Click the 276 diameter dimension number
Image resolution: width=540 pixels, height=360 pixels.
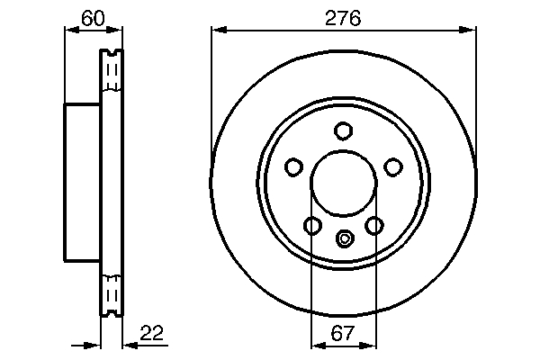coord(342,17)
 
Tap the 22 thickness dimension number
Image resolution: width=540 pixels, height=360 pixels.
coord(152,334)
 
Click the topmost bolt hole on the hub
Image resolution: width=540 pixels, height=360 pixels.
coord(343,130)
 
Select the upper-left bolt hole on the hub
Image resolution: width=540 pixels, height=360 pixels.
coord(293,166)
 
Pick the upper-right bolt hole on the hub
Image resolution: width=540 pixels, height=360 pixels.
coord(392,166)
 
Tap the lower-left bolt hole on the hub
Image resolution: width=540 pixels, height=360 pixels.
coord(311,225)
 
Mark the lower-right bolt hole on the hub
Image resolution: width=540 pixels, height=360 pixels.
coord(374,225)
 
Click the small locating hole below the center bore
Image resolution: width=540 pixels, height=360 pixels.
coord(343,239)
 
